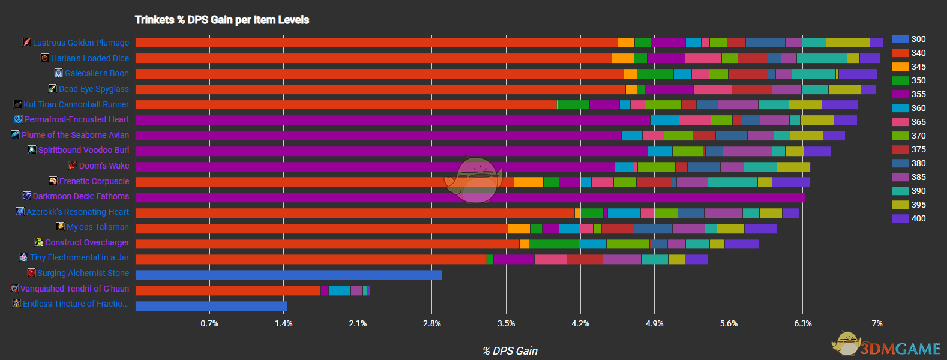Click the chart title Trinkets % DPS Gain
click(x=221, y=20)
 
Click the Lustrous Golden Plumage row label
click(x=80, y=43)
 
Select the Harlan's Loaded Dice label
click(x=89, y=58)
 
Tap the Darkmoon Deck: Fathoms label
click(x=80, y=196)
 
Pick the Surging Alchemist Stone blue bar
click(x=288, y=275)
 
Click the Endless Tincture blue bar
click(x=211, y=306)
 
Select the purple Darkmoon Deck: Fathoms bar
click(x=470, y=197)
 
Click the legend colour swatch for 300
click(x=900, y=39)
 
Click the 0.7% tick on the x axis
click(x=209, y=323)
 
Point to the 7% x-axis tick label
click(x=877, y=323)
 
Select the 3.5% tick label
click(x=506, y=323)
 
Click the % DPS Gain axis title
click(x=510, y=351)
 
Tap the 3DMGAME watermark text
click(x=900, y=349)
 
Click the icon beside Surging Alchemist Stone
click(x=31, y=272)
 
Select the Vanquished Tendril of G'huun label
click(x=74, y=289)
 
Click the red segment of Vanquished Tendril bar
click(x=228, y=290)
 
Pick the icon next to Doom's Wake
click(x=73, y=165)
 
